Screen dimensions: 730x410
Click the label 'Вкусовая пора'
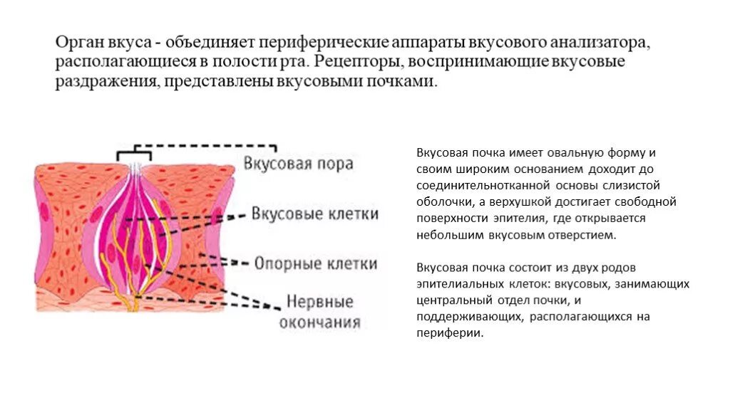click(x=298, y=164)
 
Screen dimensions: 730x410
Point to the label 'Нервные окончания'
click(x=319, y=311)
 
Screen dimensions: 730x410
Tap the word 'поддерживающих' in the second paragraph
click(x=469, y=316)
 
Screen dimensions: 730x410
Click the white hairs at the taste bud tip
click(x=135, y=170)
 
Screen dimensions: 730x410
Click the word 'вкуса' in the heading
click(x=133, y=43)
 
